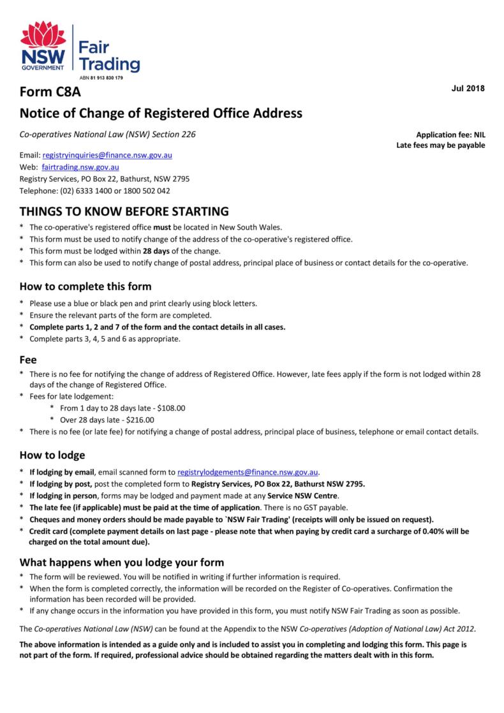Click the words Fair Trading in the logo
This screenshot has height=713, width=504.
point(108,55)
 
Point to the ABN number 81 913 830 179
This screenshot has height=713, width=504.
point(97,78)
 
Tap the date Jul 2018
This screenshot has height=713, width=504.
point(468,87)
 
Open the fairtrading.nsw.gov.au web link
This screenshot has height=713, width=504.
point(80,166)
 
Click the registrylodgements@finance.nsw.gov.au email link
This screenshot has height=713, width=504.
point(248,472)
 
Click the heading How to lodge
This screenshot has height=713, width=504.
point(52,455)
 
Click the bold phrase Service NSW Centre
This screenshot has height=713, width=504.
point(304,496)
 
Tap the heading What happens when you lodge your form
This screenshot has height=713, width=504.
point(122,562)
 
